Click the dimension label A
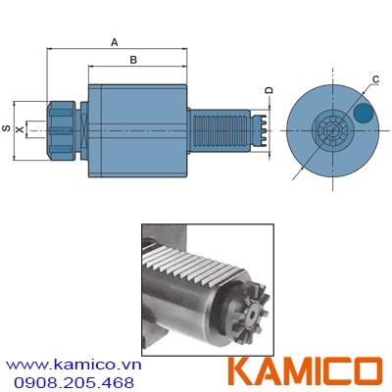pos(115,42)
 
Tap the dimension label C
pos(375,78)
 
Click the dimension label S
pos(7,128)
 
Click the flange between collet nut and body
pos(85,128)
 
